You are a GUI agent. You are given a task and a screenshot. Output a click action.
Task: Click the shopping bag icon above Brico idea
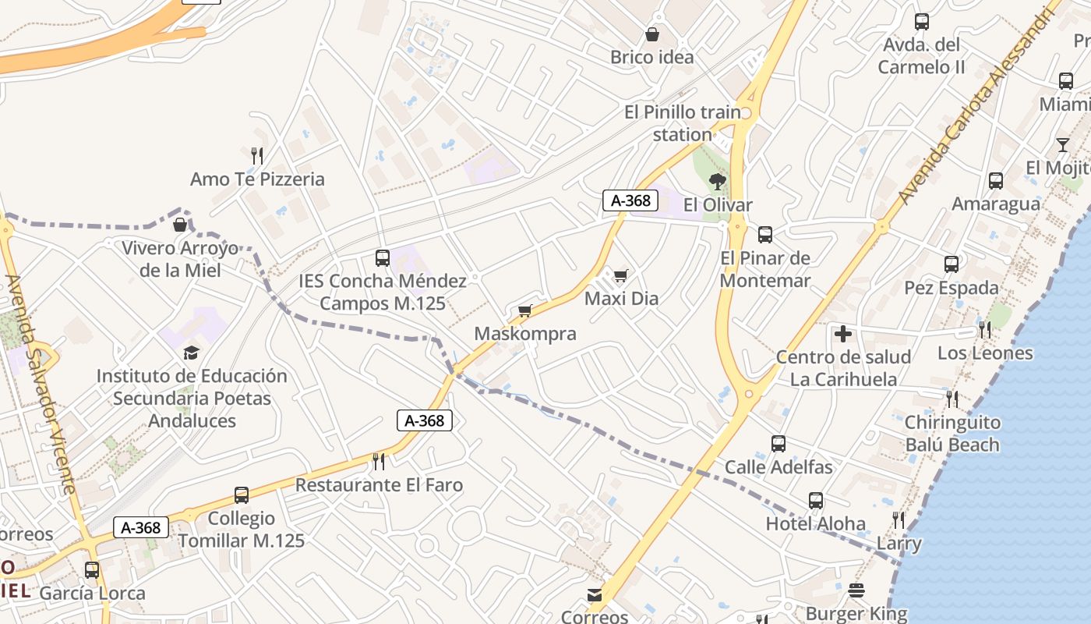point(651,34)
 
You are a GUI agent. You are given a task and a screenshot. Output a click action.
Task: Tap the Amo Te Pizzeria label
point(257,179)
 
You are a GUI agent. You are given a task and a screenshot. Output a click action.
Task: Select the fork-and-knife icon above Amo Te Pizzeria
point(257,155)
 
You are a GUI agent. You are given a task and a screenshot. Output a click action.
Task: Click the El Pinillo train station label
point(683,123)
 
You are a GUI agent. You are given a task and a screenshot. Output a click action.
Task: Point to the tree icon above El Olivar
point(717,182)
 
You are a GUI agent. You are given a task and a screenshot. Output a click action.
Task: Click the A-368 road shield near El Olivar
point(630,200)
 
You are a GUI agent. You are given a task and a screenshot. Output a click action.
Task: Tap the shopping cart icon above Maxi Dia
point(620,275)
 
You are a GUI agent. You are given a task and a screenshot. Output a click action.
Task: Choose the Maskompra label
point(525,334)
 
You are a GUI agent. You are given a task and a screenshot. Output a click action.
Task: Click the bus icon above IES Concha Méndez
point(382,257)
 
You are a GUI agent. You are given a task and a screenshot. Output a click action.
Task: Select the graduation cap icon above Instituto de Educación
point(191,353)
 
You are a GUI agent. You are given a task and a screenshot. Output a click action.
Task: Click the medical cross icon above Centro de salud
point(842,334)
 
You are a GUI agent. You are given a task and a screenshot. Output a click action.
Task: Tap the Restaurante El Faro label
point(379,485)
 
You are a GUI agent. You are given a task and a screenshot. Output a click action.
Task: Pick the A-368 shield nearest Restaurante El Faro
point(425,420)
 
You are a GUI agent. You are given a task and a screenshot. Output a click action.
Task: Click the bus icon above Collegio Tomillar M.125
point(242,495)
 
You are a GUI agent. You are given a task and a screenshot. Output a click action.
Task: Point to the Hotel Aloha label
point(815,523)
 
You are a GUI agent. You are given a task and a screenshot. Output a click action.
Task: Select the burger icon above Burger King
point(856,590)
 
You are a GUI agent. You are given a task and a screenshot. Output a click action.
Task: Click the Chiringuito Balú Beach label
point(952,434)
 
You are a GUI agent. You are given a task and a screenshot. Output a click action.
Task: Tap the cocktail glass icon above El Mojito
point(1063,144)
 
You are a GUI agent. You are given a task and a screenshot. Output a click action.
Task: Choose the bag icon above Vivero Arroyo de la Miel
point(180,225)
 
